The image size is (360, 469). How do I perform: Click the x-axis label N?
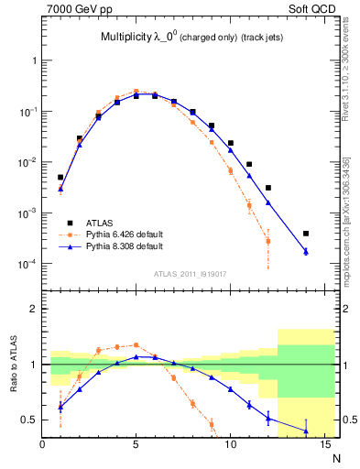337,457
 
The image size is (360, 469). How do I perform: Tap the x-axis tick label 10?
230,446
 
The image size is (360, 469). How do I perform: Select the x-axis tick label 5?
136,446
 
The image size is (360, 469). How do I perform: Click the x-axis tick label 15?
323,446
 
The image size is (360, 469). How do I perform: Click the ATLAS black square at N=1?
60,177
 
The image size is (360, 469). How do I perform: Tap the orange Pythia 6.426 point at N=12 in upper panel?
267,241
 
